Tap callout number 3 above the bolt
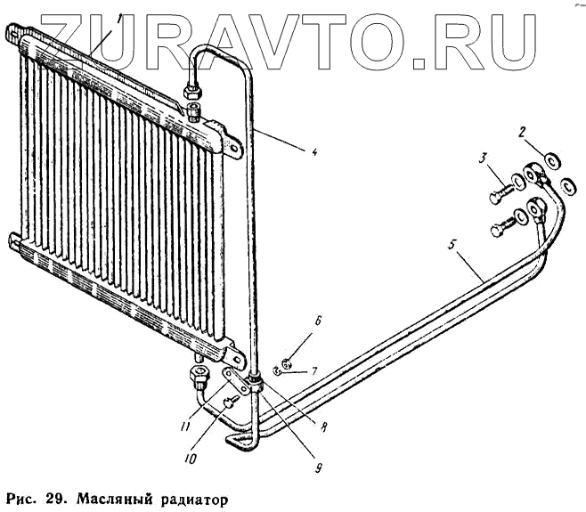pyautogui.click(x=482, y=159)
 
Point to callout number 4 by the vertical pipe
pyautogui.click(x=313, y=152)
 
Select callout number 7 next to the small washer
pyautogui.click(x=313, y=370)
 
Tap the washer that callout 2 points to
pyautogui.click(x=550, y=160)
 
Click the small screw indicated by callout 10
pyautogui.click(x=230, y=403)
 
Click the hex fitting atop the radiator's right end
pyautogui.click(x=191, y=92)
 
